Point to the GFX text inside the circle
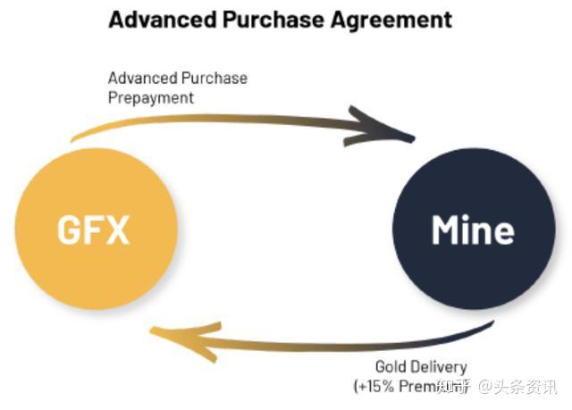[94, 230]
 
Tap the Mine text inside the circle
[473, 230]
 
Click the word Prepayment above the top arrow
[151, 97]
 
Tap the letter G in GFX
[70, 230]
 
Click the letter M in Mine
[447, 230]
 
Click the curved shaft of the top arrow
[223, 119]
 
